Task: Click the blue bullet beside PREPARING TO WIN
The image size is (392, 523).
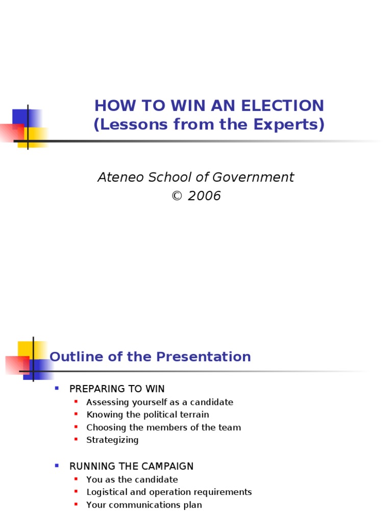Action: [x=57, y=388]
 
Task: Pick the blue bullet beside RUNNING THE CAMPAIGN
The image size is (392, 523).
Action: [x=57, y=466]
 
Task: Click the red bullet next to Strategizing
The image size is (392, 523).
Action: [x=76, y=439]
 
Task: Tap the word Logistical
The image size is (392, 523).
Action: [x=106, y=492]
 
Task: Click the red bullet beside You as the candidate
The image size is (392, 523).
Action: [x=76, y=479]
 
